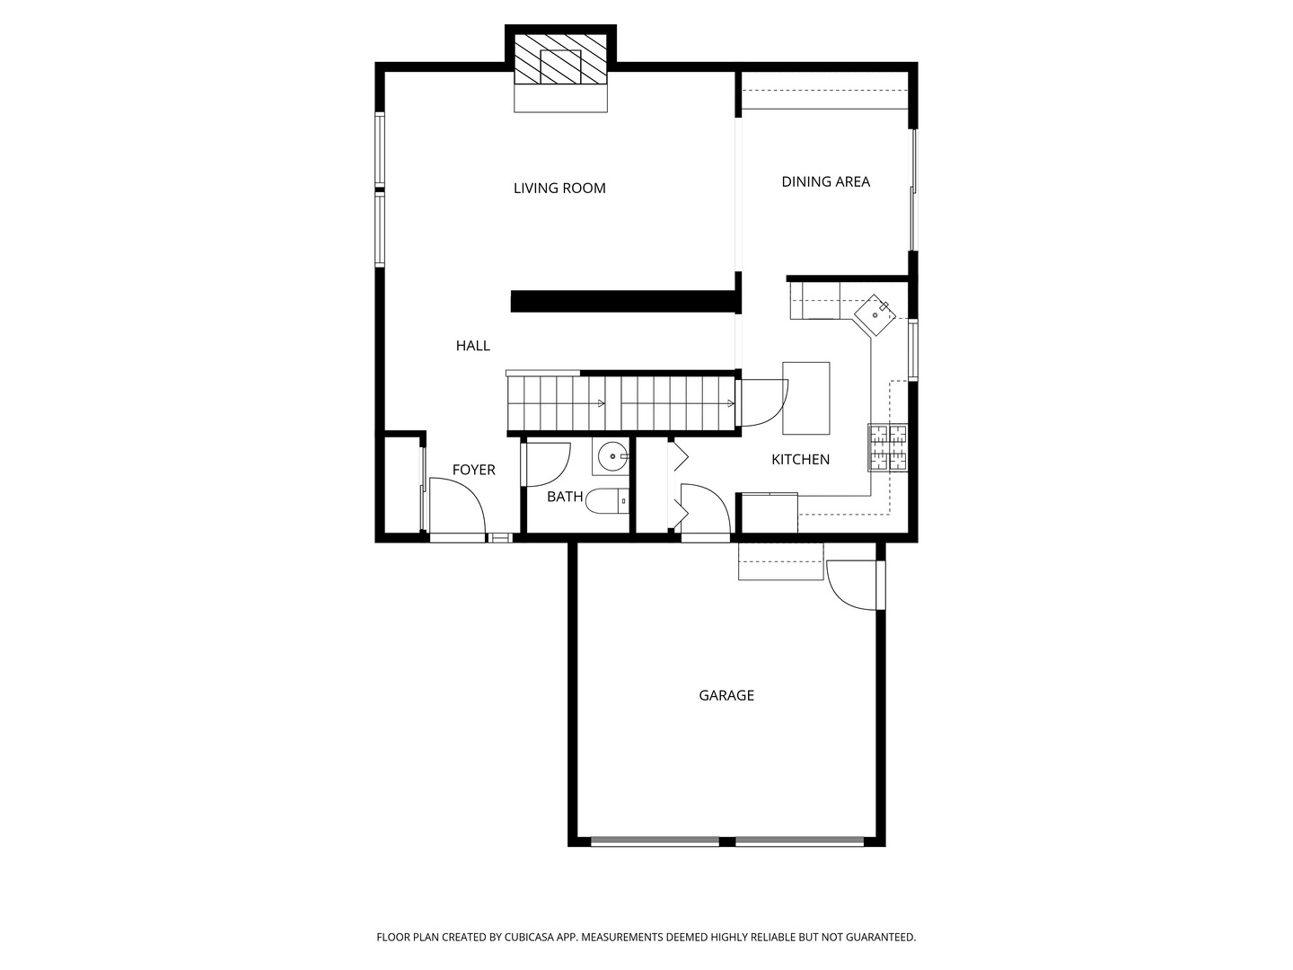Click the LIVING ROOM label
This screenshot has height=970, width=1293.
[559, 188]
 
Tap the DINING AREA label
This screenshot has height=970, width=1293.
[825, 181]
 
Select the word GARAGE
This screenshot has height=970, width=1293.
[726, 695]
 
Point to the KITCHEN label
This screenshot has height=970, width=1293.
[800, 459]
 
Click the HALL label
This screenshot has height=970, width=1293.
[472, 346]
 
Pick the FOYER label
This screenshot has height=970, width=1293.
[473, 470]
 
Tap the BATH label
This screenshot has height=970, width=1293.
[565, 497]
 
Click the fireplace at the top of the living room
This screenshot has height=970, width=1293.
[560, 61]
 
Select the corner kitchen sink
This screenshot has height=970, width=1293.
[875, 315]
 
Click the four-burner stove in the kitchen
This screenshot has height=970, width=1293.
[887, 447]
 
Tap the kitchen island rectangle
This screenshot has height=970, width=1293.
[805, 398]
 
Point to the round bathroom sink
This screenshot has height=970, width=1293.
[612, 456]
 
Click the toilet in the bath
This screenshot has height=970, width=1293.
[607, 500]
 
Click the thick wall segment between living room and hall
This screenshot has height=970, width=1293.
[623, 301]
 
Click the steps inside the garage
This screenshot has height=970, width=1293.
[780, 561]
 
